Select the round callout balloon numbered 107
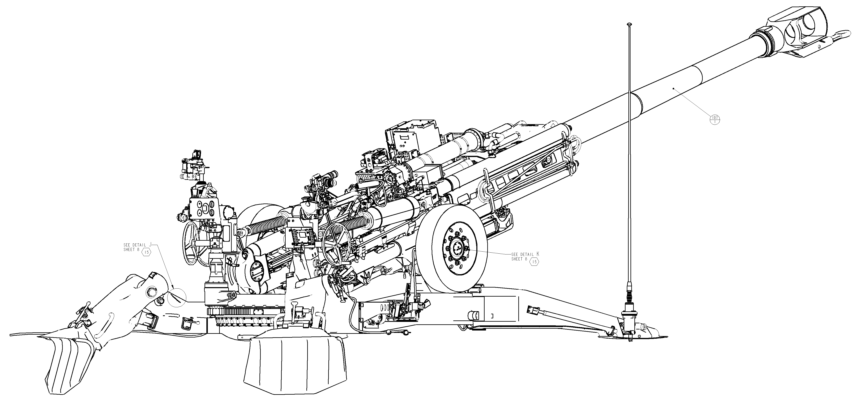pyautogui.click(x=715, y=119)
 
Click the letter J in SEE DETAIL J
pyautogui.click(x=150, y=244)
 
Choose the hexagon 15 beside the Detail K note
pyautogui.click(x=534, y=262)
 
